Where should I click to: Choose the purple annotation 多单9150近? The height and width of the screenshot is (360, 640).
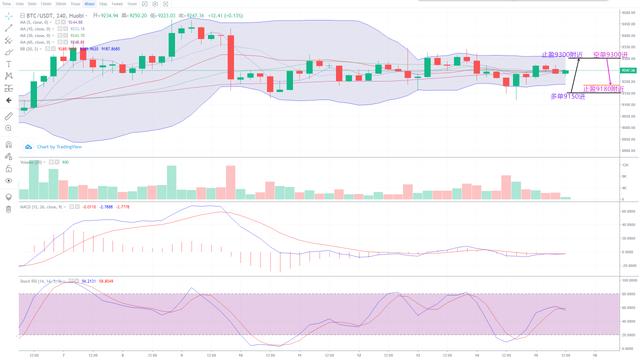[x=566, y=96]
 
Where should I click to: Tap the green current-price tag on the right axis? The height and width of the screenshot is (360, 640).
[x=628, y=71]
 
